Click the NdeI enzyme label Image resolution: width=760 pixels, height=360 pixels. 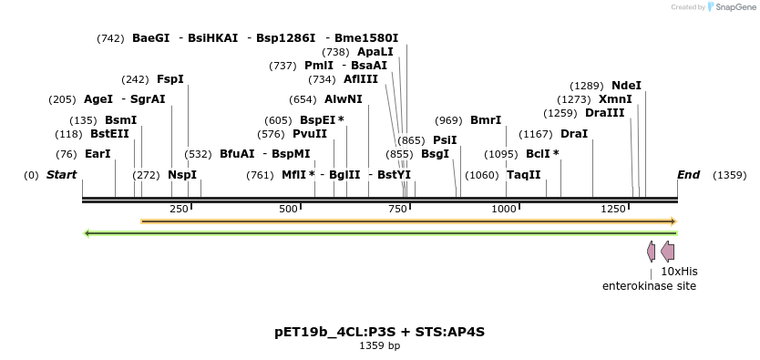click(x=626, y=86)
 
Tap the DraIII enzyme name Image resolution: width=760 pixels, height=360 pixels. click(x=605, y=113)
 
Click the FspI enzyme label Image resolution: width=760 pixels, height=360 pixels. click(x=170, y=79)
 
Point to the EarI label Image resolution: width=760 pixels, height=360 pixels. click(x=98, y=154)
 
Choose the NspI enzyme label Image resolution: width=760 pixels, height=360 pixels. click(x=181, y=175)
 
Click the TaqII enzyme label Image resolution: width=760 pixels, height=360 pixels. click(x=523, y=175)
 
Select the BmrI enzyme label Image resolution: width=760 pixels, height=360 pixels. click(x=486, y=120)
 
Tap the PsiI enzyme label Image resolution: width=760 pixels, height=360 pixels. click(x=445, y=140)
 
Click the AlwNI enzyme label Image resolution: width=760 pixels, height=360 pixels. click(x=343, y=99)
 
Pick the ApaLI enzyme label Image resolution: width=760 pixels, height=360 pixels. click(x=375, y=52)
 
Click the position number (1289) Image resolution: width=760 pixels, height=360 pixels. click(x=587, y=86)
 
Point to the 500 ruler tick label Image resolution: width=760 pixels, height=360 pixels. click(x=289, y=209)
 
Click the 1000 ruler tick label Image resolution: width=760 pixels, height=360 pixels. click(x=505, y=209)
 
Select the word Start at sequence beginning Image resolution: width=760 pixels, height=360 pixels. click(x=62, y=175)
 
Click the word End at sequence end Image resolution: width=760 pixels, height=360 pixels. click(x=688, y=175)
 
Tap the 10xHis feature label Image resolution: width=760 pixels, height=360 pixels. click(x=679, y=271)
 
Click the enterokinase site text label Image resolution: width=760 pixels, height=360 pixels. click(x=649, y=286)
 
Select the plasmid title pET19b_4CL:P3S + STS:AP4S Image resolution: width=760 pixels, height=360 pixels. click(x=379, y=331)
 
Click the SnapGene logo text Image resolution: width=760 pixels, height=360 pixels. click(x=737, y=7)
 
